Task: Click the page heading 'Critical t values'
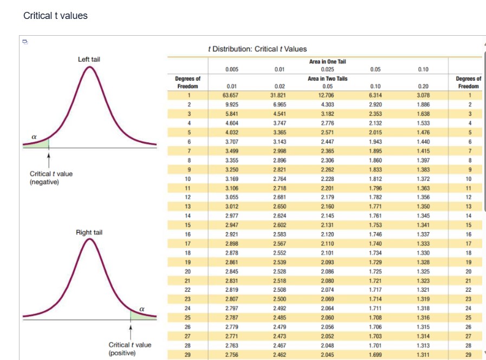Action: coord(55,16)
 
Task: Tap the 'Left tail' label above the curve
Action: coord(89,59)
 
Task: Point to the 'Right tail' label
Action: coord(89,232)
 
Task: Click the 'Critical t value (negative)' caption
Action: coord(51,178)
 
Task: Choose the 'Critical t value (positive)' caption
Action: coord(130,348)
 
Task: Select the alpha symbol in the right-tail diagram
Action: coord(141,307)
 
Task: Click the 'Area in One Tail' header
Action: coord(327,62)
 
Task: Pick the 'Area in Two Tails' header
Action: coord(327,78)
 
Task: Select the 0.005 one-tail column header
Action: coord(232,69)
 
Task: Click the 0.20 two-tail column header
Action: coord(424,86)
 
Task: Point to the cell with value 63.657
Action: coord(232,95)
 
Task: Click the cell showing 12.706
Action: coord(327,95)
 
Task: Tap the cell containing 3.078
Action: coord(424,95)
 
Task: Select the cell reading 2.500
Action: coord(280,298)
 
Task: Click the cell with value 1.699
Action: coord(375,355)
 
